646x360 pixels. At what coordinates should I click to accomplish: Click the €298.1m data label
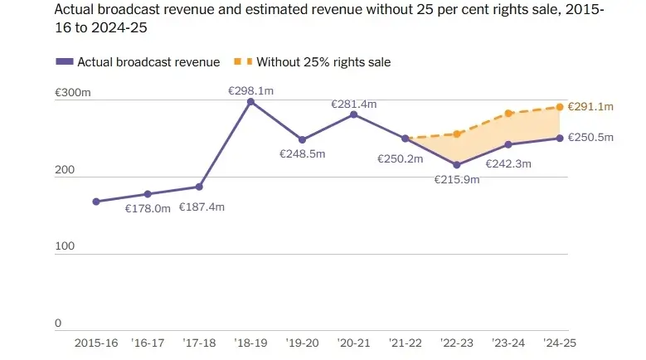[250, 90]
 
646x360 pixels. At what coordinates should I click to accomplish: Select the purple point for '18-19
[250, 101]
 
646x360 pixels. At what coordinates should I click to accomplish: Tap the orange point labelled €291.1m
[560, 107]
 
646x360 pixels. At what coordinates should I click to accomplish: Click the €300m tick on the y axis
[72, 94]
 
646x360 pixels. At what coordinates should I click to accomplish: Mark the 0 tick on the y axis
[58, 323]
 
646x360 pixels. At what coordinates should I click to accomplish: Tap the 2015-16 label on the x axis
[96, 342]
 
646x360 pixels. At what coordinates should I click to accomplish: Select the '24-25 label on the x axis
[560, 342]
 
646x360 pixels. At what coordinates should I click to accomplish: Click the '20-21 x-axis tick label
[354, 342]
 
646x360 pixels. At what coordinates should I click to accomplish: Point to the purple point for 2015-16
[96, 202]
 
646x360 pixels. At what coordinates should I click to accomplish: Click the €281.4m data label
[354, 104]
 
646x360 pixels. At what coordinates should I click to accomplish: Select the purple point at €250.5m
[560, 138]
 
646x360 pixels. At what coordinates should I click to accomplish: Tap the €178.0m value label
[148, 208]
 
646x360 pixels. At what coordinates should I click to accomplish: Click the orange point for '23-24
[508, 114]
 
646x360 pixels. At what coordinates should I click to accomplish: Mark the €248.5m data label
[302, 153]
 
